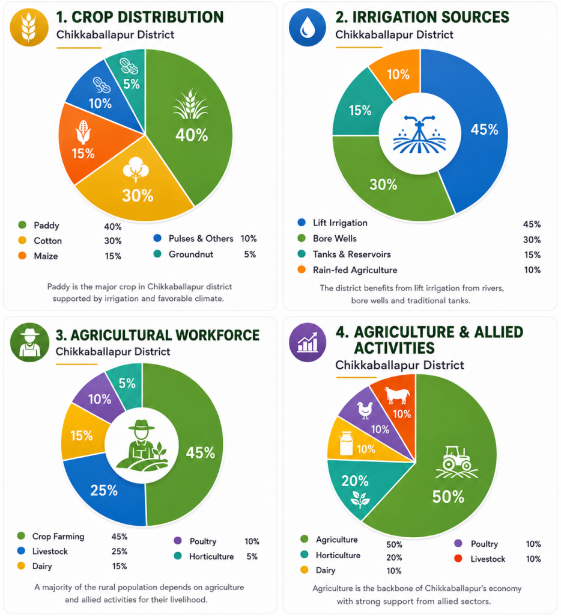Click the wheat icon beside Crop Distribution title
pos(29,28)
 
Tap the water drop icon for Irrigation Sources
pos(307,28)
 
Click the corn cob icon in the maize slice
pos(83,132)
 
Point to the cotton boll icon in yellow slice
pos(136,169)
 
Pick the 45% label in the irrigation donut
pos(485,129)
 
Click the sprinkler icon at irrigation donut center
pos(419,134)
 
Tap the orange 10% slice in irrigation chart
pos(397,73)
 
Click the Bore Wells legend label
pos(335,238)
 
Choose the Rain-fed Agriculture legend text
pos(355,270)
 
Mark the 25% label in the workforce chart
pos(104,490)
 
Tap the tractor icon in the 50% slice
pos(456,461)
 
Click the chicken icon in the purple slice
pos(365,410)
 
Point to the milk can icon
pos(347,443)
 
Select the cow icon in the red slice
pos(398,395)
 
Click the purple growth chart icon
pos(308,342)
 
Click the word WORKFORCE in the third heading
pos(217,335)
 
